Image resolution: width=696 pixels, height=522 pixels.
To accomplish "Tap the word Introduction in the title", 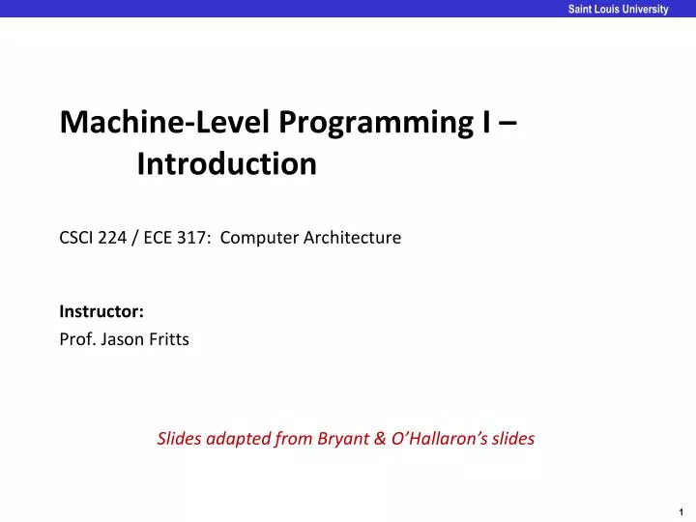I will [x=226, y=165].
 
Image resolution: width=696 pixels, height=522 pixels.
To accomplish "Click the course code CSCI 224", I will [x=93, y=237].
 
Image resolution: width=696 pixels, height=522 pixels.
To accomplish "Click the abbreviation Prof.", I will [x=75, y=339].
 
